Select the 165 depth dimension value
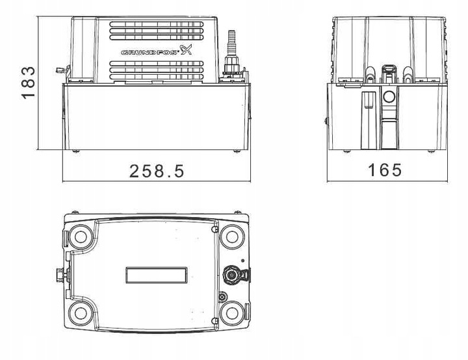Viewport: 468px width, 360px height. (385, 170)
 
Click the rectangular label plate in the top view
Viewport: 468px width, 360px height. (157, 275)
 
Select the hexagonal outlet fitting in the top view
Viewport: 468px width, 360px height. (230, 274)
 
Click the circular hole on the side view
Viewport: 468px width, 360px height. (389, 97)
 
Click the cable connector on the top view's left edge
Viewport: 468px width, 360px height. (61, 275)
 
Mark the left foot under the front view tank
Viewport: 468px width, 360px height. (76, 151)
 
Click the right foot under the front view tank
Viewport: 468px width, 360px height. (237, 151)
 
